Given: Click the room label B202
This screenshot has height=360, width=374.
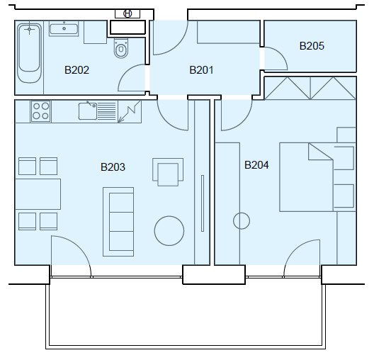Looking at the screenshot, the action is click(76, 70).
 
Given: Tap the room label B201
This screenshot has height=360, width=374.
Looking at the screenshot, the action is click(201, 70).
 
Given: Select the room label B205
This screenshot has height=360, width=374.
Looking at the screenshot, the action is click(312, 46).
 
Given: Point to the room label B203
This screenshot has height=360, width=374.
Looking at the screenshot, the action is click(113, 167).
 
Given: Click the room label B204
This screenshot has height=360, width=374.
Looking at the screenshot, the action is click(256, 165).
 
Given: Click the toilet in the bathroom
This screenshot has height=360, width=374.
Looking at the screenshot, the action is click(121, 48).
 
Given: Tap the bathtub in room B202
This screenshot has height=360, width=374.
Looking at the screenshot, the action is click(29, 53).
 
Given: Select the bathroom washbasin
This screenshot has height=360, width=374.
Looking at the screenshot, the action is click(64, 28).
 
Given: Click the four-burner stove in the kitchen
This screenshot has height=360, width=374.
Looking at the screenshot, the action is click(41, 111).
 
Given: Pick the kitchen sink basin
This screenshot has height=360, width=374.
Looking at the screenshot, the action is click(88, 111).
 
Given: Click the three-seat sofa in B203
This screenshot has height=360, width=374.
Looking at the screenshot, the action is click(118, 222).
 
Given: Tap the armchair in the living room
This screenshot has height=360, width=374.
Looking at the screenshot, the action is click(168, 172).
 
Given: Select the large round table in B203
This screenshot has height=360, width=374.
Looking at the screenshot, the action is click(169, 231).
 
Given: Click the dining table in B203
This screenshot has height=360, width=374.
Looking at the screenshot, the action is click(38, 194).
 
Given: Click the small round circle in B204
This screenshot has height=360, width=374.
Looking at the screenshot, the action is click(242, 220).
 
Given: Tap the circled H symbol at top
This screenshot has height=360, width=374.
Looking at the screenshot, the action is click(127, 13).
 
